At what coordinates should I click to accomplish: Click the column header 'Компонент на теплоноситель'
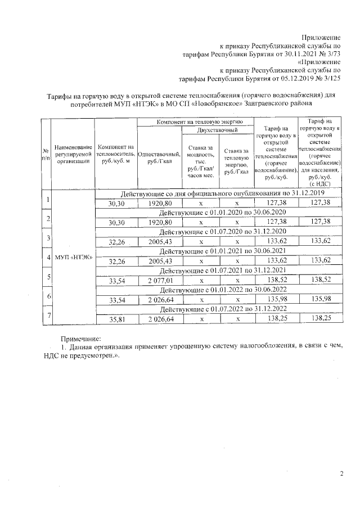coord(115,154)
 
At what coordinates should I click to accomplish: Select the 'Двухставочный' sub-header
coord(217,130)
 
